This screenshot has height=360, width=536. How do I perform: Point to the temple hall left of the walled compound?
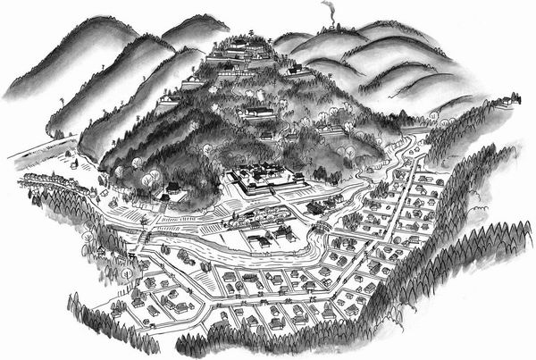(171, 189)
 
